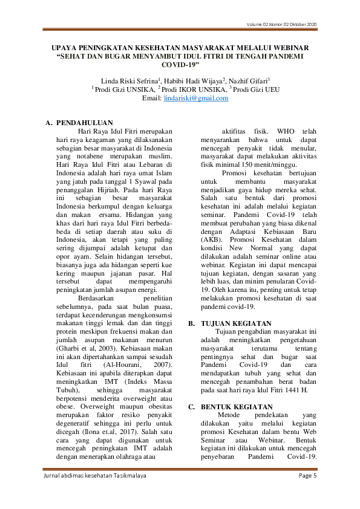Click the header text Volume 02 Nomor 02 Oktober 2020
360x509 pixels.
(x=281, y=24)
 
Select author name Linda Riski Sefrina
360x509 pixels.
(x=126, y=80)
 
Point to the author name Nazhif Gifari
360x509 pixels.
(x=249, y=80)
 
